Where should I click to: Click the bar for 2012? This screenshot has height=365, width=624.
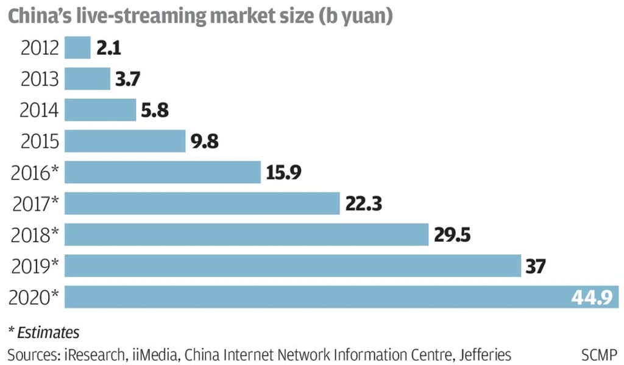click(77, 48)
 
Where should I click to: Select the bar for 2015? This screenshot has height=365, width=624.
click(124, 141)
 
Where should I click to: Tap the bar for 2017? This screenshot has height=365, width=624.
click(202, 203)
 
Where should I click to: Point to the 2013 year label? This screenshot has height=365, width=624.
click(40, 79)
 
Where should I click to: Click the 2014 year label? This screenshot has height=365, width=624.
click(40, 110)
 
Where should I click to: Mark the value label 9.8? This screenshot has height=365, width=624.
click(204, 141)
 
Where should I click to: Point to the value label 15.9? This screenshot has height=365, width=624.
click(283, 172)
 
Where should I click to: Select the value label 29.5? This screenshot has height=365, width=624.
click(453, 234)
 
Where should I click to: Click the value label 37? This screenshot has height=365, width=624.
click(536, 266)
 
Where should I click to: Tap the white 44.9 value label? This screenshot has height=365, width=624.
click(590, 297)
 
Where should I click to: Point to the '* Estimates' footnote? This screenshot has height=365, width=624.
click(43, 333)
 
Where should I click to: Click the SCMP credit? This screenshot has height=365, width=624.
click(598, 353)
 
